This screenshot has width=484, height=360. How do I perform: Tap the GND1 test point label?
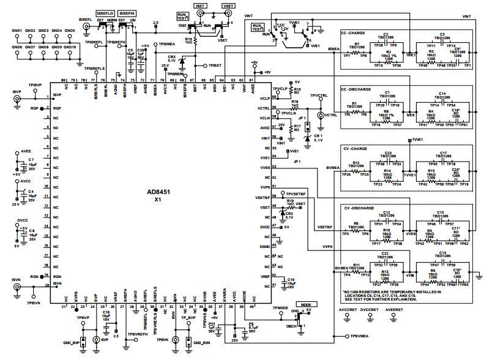tap(17, 31)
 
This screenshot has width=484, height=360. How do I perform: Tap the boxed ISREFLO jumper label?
tap(106, 12)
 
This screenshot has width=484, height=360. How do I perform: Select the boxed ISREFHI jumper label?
tap(128, 12)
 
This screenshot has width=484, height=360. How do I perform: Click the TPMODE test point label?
tap(280, 308)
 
